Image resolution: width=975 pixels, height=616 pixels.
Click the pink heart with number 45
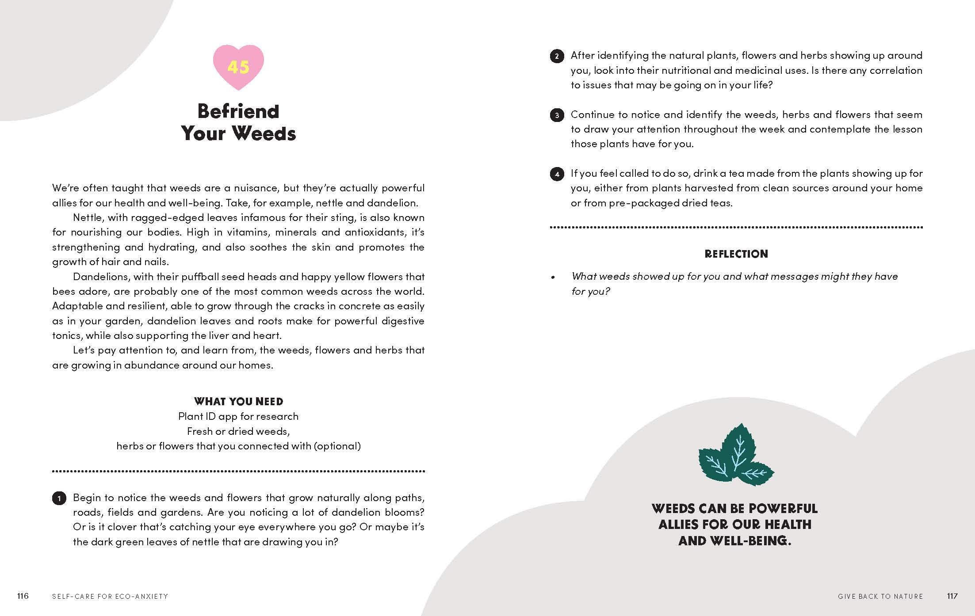(238, 67)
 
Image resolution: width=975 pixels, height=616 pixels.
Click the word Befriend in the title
(238, 111)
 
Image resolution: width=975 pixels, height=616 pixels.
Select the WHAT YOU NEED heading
(239, 401)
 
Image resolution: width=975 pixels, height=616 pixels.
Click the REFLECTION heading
(736, 254)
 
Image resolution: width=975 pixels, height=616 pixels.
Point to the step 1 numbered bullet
(59, 498)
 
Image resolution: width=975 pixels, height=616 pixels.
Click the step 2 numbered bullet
(557, 57)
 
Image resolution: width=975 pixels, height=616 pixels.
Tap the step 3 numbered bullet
(557, 116)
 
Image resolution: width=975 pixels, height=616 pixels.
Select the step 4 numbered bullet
(557, 175)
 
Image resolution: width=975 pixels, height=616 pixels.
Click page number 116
(23, 596)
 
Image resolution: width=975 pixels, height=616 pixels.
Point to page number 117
(952, 596)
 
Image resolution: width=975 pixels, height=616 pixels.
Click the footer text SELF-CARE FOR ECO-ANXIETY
(110, 597)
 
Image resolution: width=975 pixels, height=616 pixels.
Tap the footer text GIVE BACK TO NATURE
(880, 597)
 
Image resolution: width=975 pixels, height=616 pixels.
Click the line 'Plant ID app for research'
(238, 416)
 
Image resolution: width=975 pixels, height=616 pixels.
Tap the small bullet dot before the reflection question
(553, 278)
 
